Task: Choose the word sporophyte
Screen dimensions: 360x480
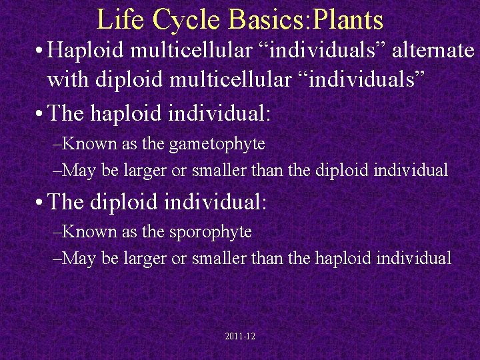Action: point(219,231)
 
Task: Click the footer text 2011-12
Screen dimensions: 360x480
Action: point(240,337)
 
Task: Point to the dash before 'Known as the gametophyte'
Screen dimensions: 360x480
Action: point(56,144)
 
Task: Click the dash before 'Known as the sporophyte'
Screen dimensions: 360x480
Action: point(56,232)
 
